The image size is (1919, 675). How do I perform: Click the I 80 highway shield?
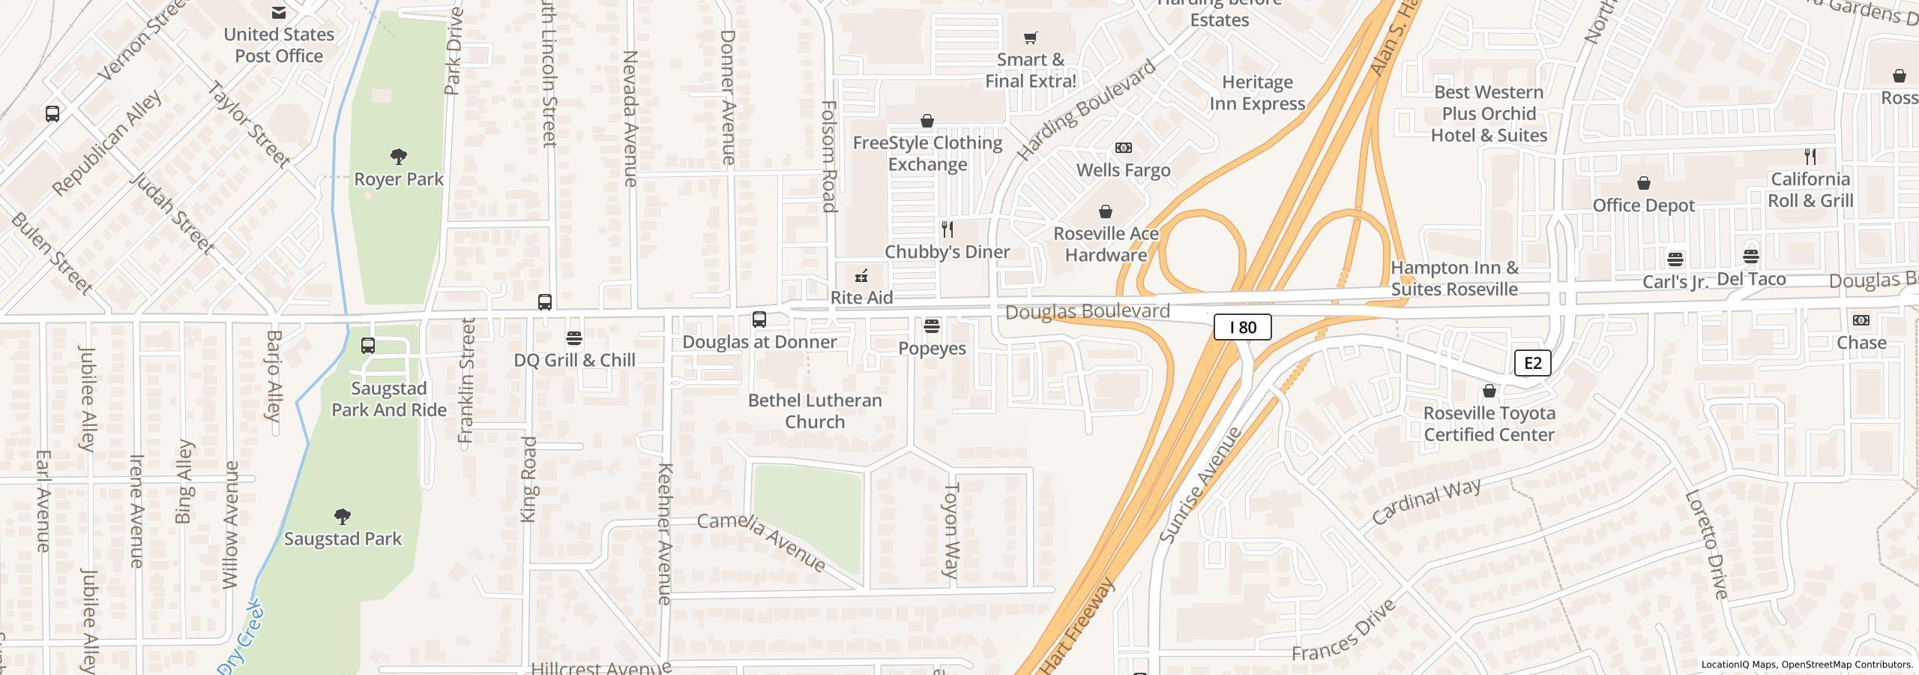point(1242,327)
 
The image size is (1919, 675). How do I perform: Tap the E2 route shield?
point(1532,363)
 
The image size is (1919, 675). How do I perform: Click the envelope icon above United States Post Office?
point(279,12)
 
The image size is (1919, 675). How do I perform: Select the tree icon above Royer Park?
point(399,157)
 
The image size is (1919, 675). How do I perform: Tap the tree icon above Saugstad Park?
point(343,516)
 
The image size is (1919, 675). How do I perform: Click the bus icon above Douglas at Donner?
point(759,319)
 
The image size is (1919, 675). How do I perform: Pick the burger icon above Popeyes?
point(932,325)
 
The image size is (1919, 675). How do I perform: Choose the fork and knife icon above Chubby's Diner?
point(948,229)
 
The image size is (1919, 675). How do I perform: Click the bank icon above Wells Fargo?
point(1124,148)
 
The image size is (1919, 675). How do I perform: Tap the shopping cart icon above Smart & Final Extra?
point(1031,37)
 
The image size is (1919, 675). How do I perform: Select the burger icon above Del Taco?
point(1751,256)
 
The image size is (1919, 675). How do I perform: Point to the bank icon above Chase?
point(1861,320)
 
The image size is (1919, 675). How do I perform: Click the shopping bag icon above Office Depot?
point(1644,183)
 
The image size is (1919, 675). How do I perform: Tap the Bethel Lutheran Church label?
point(815,411)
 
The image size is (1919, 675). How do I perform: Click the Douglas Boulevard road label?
point(1087,311)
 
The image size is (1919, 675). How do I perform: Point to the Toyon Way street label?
point(951,529)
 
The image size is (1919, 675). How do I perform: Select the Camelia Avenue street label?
point(761,541)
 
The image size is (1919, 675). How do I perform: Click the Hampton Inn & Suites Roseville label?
point(1454,278)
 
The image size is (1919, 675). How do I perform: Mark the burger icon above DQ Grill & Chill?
point(574,337)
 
